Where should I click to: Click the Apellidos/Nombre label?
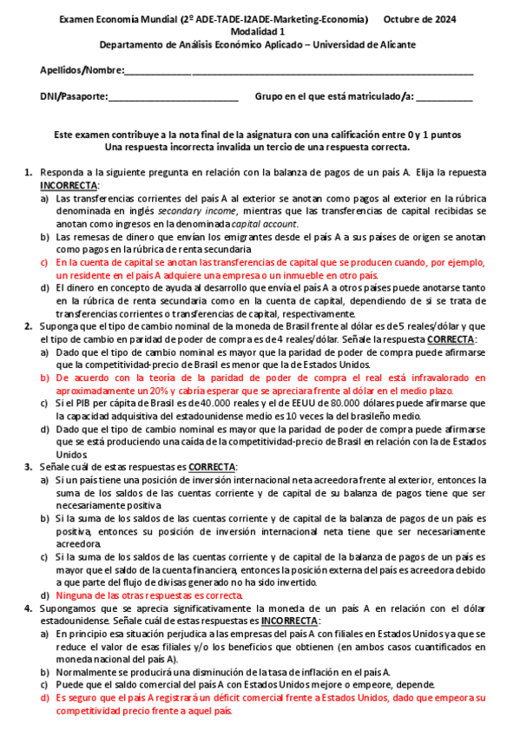[82, 70]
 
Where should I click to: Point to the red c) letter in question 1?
[44, 261]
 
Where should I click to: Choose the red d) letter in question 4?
[44, 697]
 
